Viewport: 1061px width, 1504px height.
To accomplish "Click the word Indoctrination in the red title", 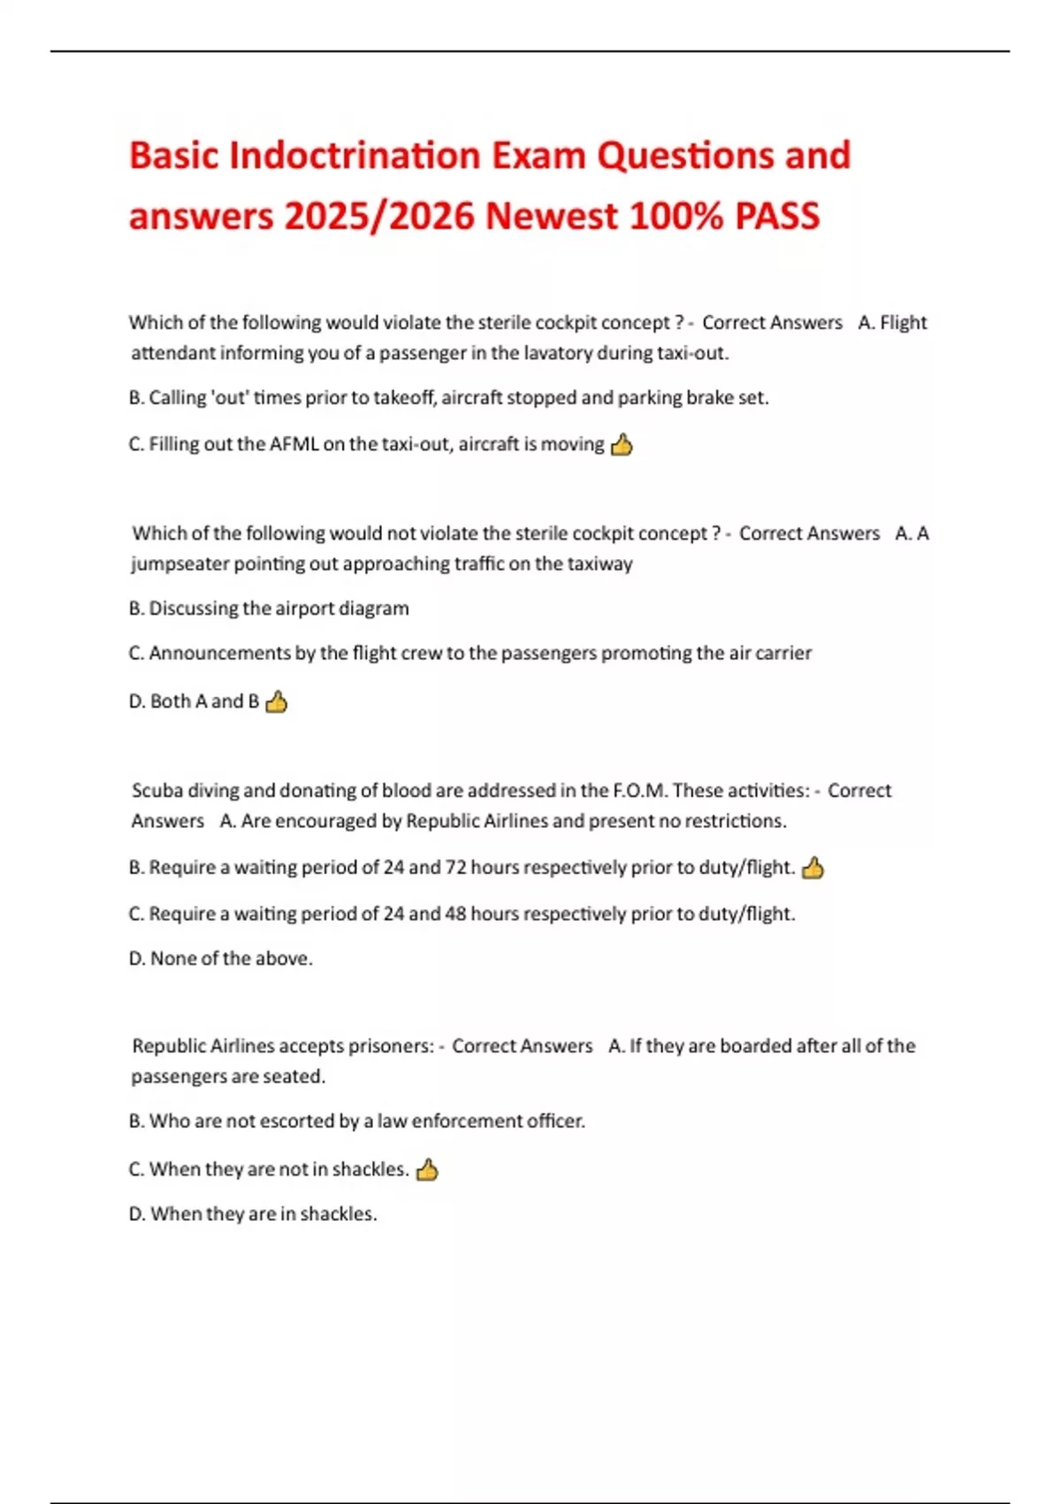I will point(355,156).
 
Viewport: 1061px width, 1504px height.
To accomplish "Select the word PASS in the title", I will point(777,217).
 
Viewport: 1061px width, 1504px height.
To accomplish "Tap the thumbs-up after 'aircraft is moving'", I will point(622,444).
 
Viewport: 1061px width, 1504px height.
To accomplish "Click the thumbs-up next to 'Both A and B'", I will point(277,702).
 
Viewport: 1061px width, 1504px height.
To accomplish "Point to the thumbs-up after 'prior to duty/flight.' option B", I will point(813,868).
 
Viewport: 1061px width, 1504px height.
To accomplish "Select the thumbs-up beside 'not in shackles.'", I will point(427,1170).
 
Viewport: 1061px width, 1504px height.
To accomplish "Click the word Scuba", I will point(156,791).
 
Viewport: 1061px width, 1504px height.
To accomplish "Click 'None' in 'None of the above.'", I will point(172,959).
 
